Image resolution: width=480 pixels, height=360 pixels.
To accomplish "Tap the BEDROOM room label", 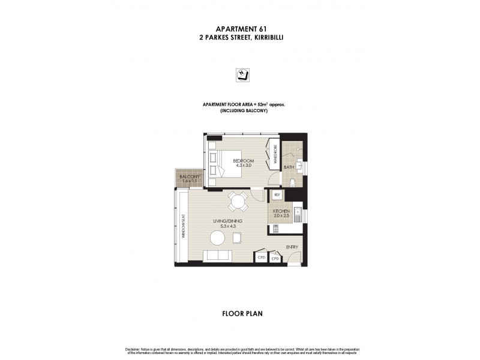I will [x=244, y=161].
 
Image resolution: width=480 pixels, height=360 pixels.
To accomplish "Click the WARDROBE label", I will [x=275, y=154].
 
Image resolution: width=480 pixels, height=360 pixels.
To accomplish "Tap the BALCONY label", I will [x=188, y=176].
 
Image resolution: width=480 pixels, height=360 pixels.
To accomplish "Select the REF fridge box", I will [x=277, y=195].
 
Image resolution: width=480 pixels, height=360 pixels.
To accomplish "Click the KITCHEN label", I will [x=282, y=212].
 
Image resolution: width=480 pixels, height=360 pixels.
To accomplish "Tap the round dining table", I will [x=238, y=202].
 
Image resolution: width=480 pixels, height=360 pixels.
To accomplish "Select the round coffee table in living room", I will [x=217, y=238].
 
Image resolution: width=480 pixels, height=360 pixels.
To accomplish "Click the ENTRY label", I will [x=292, y=247].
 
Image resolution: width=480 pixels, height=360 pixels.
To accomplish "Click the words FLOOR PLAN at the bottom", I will [x=240, y=313].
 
